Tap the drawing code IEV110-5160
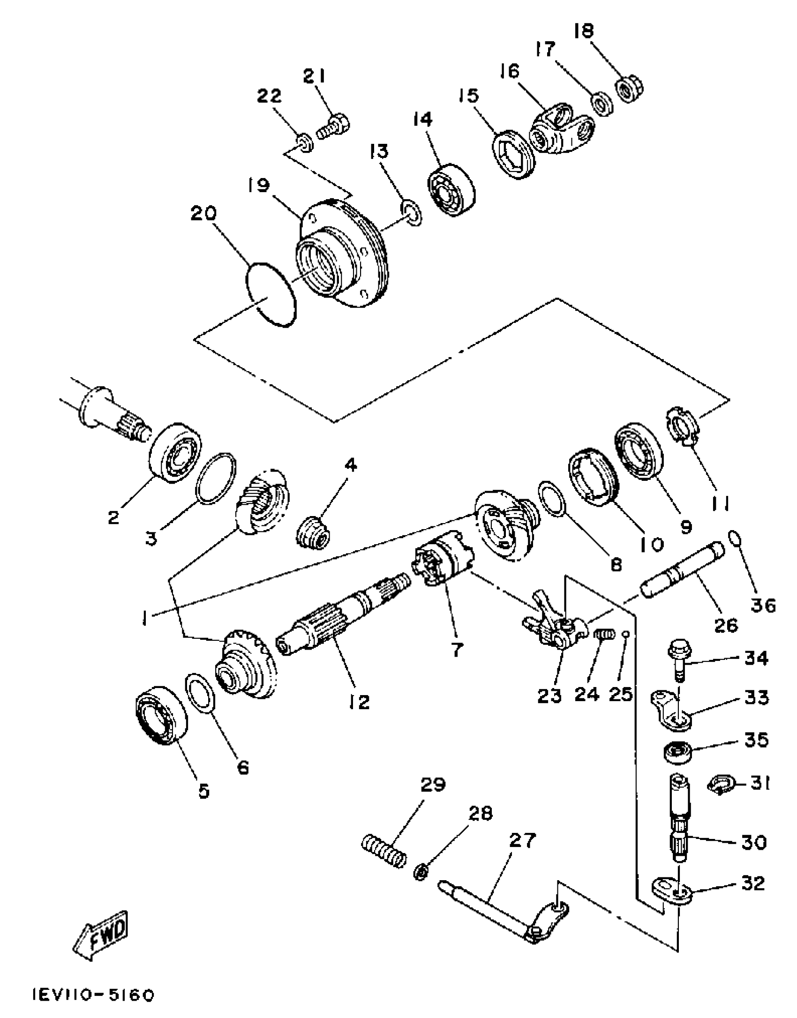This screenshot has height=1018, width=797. point(93,995)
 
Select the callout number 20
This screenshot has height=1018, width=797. point(203,214)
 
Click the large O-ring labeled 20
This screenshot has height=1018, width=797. point(271,294)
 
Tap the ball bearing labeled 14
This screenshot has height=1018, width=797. point(451,190)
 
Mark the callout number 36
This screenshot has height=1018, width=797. point(763,605)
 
